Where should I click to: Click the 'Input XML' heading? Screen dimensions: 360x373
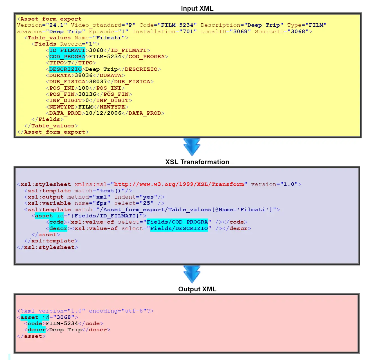[197, 8]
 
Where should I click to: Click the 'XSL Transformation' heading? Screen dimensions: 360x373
[197, 162]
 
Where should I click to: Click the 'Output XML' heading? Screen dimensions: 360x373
[197, 289]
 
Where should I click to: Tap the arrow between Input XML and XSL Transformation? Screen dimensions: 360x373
[192, 147]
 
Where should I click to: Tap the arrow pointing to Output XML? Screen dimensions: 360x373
[192, 274]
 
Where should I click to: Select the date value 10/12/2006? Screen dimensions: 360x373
[103, 113]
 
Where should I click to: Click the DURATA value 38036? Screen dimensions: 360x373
[84, 75]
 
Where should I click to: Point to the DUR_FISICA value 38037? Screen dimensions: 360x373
[98, 82]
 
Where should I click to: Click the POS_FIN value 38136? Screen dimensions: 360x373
[87, 94]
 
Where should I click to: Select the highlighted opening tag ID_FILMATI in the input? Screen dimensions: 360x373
[67, 50]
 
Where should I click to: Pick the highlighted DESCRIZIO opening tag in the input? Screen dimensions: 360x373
[65, 69]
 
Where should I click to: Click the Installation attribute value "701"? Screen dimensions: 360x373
[188, 31]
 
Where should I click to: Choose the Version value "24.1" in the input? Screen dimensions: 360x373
[56, 25]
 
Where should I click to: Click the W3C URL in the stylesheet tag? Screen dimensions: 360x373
[179, 184]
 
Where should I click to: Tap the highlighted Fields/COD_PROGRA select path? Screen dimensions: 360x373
[177, 222]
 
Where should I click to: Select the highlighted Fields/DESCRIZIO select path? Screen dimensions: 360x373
[179, 228]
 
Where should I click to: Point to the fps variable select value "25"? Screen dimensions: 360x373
[147, 203]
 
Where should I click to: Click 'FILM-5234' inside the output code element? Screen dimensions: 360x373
[62, 323]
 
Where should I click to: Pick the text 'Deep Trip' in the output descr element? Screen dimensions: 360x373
[66, 330]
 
